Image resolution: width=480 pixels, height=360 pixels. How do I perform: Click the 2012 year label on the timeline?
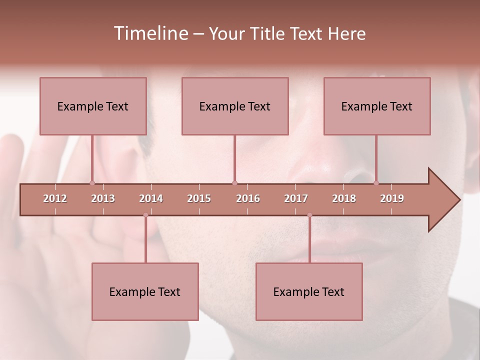(55, 198)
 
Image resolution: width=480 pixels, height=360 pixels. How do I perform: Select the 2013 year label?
(103, 198)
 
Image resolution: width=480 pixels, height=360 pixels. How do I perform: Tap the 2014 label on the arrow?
(151, 198)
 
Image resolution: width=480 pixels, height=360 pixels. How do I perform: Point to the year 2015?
(199, 198)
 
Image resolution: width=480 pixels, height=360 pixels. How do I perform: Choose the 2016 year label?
(248, 198)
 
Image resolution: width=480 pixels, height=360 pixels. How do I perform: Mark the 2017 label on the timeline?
(296, 198)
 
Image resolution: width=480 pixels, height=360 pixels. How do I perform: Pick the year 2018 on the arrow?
(344, 198)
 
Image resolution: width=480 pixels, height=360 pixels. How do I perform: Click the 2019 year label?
(392, 198)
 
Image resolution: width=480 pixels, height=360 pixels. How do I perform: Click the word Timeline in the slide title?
(150, 33)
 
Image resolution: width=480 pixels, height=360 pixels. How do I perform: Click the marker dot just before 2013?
(92, 183)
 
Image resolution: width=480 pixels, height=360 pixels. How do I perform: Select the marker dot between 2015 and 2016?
(234, 183)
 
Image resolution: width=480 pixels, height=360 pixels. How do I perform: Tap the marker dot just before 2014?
(145, 215)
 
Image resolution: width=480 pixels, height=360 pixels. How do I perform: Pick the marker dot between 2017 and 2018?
(309, 215)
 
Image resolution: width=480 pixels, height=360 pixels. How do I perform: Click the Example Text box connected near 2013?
(93, 106)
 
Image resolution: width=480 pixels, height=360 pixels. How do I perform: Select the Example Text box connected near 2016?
(235, 106)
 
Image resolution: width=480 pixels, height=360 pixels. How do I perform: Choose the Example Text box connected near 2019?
(377, 106)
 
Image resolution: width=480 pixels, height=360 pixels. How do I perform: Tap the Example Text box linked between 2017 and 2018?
(309, 291)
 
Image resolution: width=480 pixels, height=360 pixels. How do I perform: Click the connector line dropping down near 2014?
(145, 240)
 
